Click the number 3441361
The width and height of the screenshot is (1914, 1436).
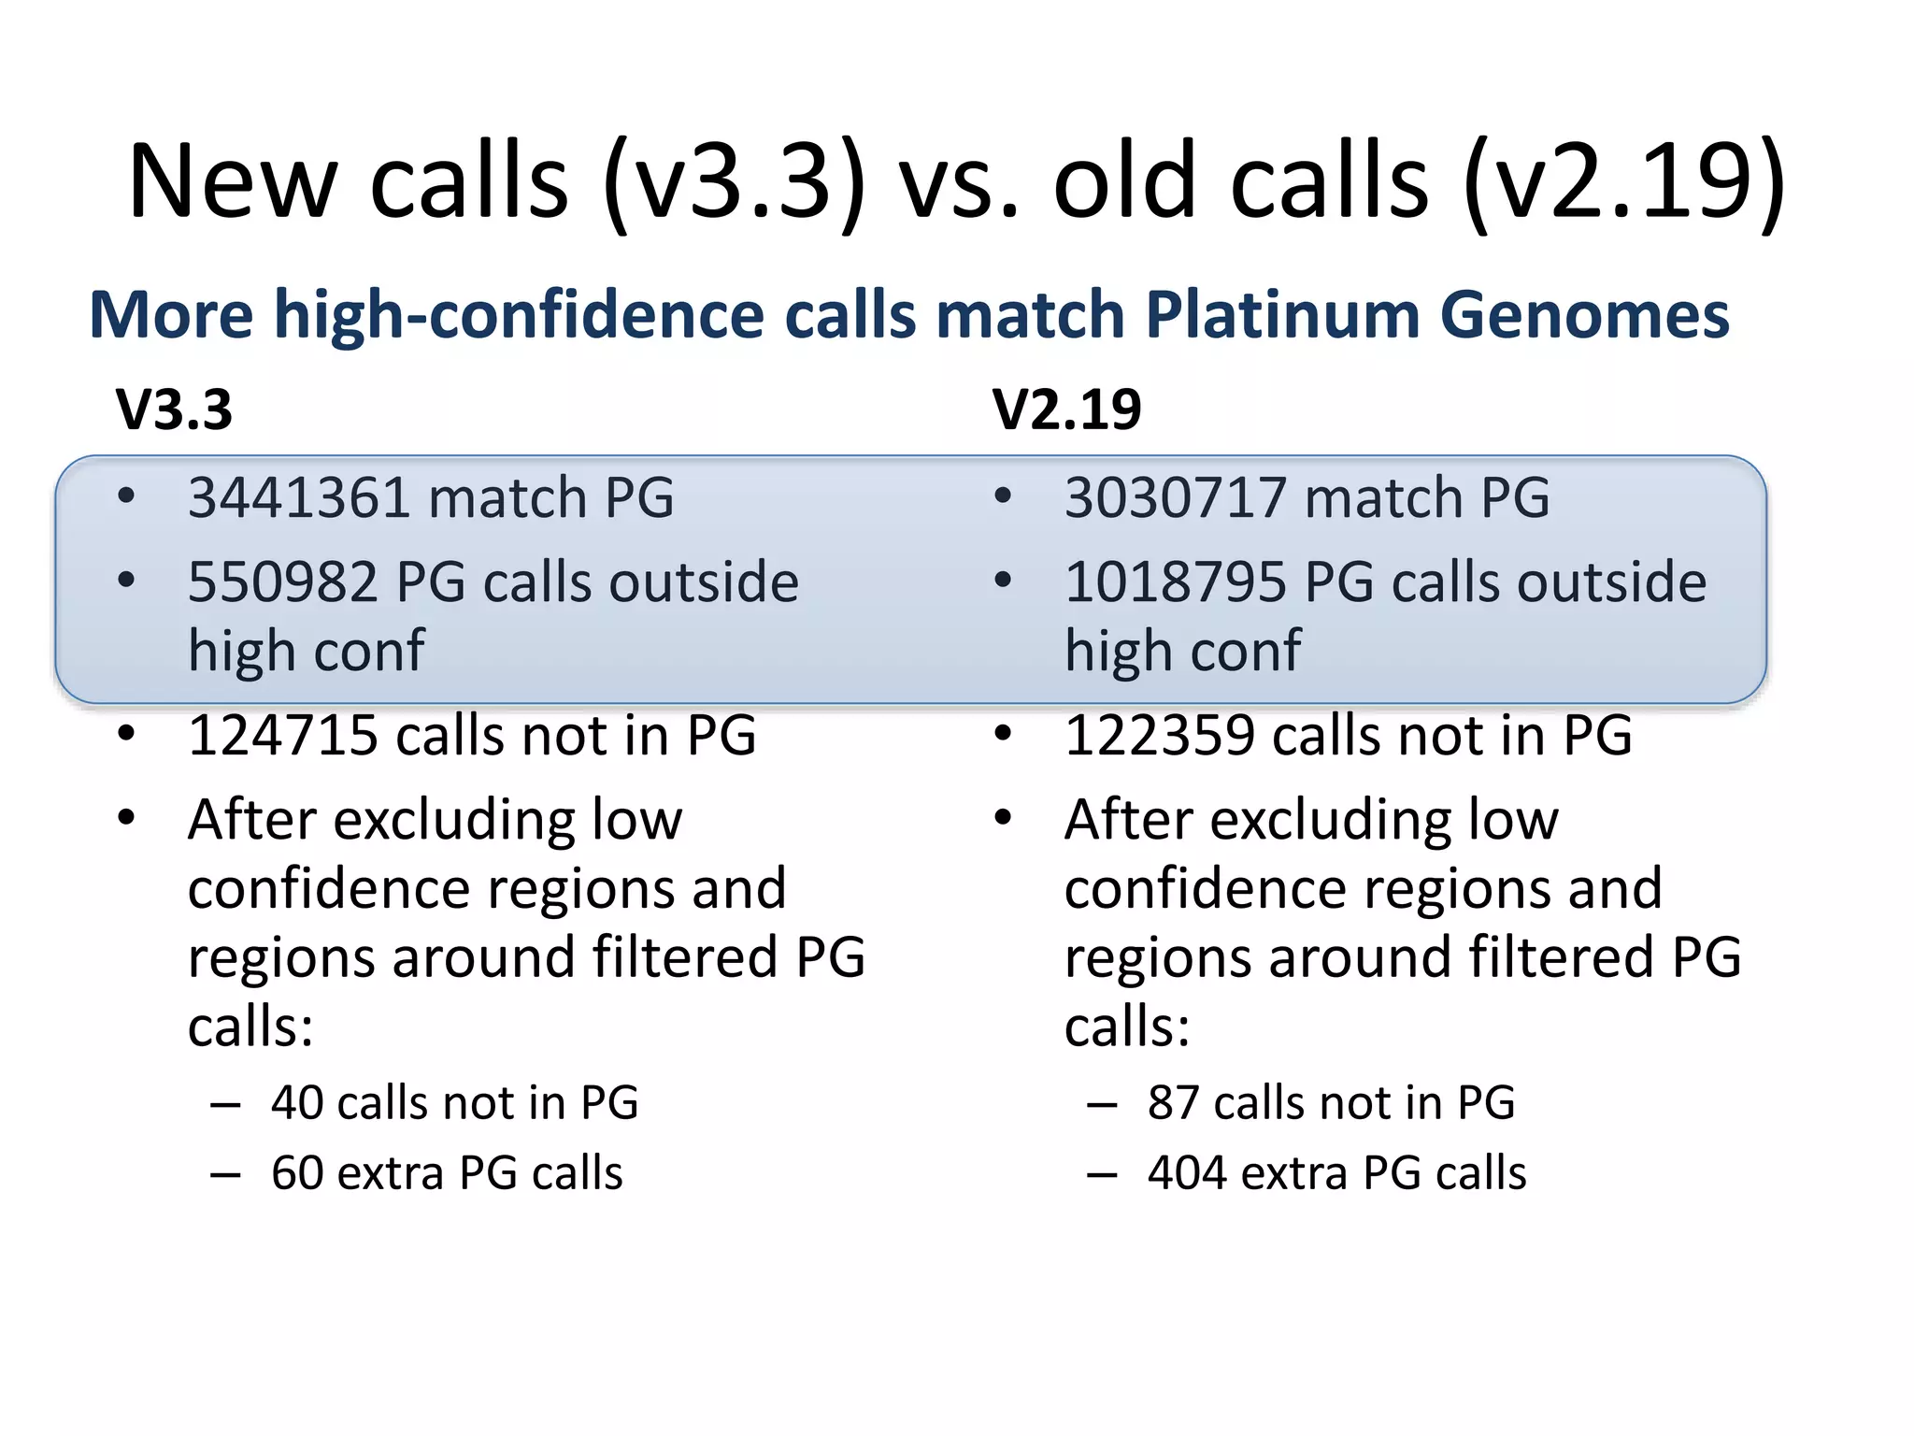coord(298,497)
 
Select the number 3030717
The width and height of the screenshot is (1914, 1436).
coord(1175,497)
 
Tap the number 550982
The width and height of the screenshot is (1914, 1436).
coord(282,582)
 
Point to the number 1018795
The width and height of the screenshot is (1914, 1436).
coord(1175,582)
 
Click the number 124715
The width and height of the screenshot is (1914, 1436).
coord(282,735)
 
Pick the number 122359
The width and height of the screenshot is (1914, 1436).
coord(1159,735)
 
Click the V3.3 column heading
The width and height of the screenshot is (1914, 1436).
coord(174,409)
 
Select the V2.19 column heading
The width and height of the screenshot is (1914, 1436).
coord(1066,409)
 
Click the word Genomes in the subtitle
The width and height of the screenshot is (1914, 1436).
coord(1585,314)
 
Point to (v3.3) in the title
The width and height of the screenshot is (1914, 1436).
coord(735,181)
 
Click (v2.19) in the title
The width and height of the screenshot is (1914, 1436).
coord(1624,181)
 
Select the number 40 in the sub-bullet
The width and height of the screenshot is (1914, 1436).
coord(296,1103)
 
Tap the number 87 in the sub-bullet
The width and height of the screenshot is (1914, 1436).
coord(1173,1103)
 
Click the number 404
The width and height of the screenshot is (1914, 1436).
coord(1186,1173)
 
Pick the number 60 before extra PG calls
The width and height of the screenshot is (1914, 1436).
coord(296,1173)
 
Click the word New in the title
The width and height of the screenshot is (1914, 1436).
coord(232,181)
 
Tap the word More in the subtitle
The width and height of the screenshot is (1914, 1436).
coord(171,314)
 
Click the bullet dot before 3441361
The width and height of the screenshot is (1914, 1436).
coord(126,495)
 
